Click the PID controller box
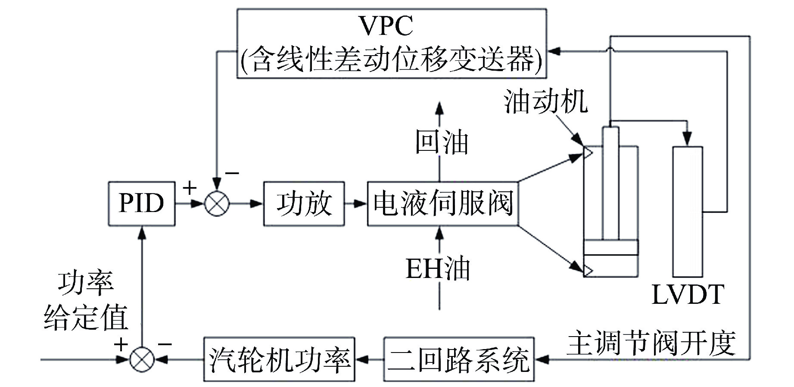[x=141, y=203]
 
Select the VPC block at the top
[x=391, y=43]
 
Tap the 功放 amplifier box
[x=304, y=203]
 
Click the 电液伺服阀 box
[x=442, y=203]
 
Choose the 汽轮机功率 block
[x=279, y=359]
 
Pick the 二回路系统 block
[x=459, y=359]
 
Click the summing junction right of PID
[x=217, y=203]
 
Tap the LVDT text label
[x=688, y=295]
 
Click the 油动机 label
[x=546, y=102]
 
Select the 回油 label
[x=441, y=142]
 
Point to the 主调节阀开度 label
[x=651, y=343]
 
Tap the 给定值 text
[x=86, y=317]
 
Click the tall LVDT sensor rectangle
[x=688, y=211]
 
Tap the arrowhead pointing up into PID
[x=142, y=233]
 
